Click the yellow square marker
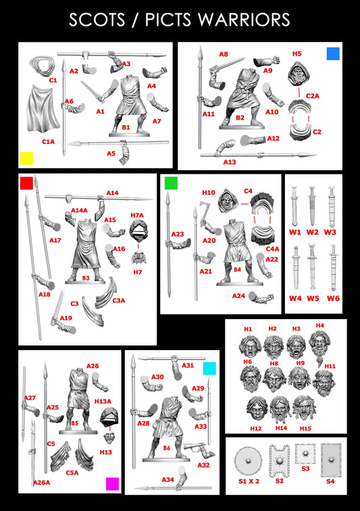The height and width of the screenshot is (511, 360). coord(26,158)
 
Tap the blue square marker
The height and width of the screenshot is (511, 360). coord(332,53)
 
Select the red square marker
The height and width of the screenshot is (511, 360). coord(26,182)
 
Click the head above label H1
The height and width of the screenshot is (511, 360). coord(248,346)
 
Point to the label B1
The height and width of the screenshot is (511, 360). coord(126,127)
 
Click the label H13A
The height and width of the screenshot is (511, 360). coord(103,401)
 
